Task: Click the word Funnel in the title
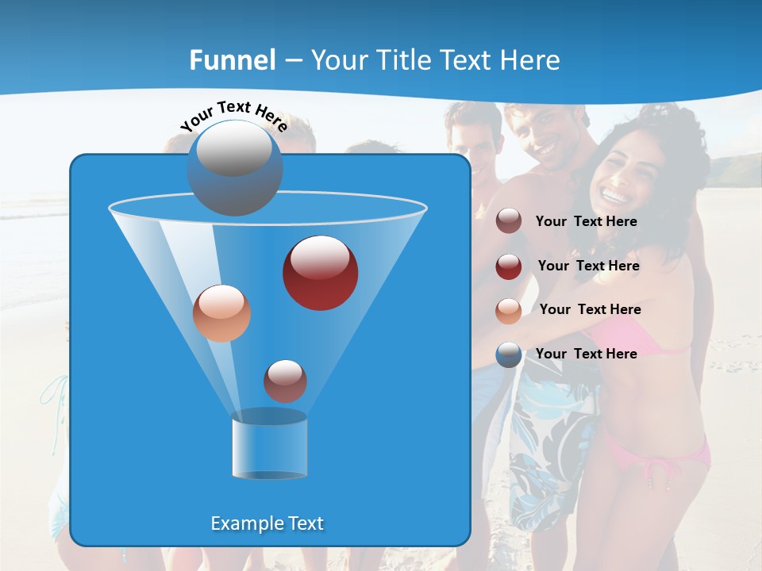(233, 60)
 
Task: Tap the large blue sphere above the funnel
(235, 167)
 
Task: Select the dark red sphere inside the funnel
(321, 273)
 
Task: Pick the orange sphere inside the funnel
(222, 313)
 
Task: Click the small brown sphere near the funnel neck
(285, 381)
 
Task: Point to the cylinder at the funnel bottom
(270, 446)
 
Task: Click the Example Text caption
(267, 523)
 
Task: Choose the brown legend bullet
(509, 221)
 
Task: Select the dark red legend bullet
(509, 266)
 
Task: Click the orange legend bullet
(509, 310)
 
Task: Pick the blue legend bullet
(509, 354)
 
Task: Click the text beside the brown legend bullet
(587, 222)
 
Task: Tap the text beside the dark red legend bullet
(588, 266)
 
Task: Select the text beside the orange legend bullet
(590, 310)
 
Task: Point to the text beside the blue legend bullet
(587, 354)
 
